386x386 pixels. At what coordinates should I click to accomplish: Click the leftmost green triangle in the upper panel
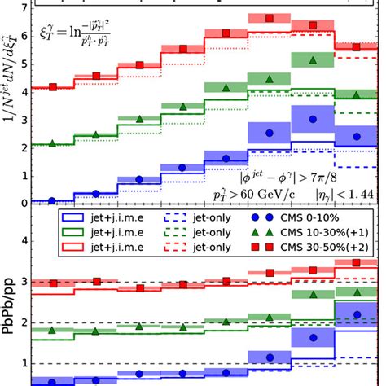point(53,143)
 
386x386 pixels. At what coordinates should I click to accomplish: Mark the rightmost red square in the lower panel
point(357,263)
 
